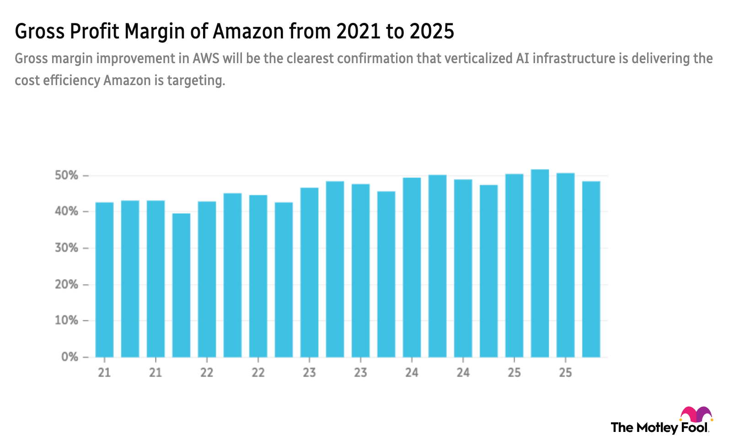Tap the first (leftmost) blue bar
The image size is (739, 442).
click(x=104, y=279)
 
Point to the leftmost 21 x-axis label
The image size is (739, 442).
click(x=104, y=373)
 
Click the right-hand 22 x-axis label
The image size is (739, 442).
click(x=258, y=373)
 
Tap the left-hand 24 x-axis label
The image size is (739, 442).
click(x=412, y=373)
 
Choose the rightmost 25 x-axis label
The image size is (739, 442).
click(x=565, y=373)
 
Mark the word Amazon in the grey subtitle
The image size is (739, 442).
click(x=127, y=81)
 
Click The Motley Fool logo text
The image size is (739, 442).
click(x=659, y=428)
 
